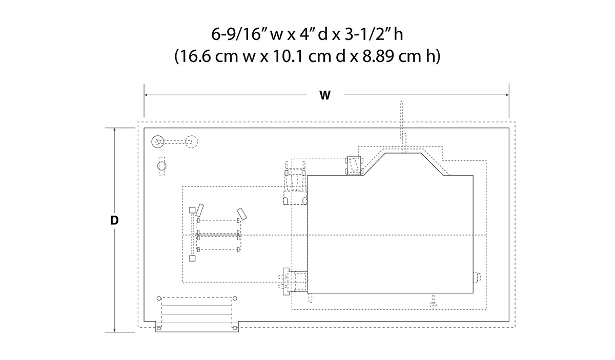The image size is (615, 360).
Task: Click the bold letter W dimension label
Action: coord(325,95)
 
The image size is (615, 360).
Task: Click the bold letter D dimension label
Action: coord(114,220)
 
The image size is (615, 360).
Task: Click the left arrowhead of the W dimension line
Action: coord(147,95)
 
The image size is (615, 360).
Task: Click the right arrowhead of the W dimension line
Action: coord(507,95)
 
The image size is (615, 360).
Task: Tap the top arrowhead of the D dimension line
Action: coord(114,130)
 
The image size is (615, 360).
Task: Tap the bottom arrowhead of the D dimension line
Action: coord(114,330)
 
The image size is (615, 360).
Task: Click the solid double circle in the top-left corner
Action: coord(158,141)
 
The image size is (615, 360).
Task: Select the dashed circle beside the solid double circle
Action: coord(191,141)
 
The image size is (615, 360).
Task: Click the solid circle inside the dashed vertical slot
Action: coord(162,166)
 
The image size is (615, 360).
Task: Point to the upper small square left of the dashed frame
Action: coord(192,210)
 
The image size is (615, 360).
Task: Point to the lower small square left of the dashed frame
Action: coord(192,258)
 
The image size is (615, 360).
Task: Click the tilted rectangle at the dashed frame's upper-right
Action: coord(242,214)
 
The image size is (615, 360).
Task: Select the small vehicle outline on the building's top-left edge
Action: coord(354,165)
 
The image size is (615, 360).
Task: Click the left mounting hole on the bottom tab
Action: coord(159,328)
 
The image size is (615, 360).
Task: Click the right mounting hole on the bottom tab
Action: coord(235,328)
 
